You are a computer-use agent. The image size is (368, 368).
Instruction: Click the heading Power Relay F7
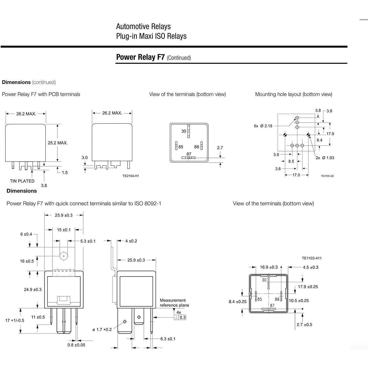tap(140, 57)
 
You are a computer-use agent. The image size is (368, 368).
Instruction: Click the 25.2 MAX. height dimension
tap(58, 143)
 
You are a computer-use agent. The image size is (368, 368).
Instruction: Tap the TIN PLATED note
tap(22, 181)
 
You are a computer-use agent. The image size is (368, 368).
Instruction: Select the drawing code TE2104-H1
tap(131, 176)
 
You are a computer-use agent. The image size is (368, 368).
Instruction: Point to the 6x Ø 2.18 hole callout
tap(263, 126)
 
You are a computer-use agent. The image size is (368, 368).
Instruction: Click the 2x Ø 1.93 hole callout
tap(325, 158)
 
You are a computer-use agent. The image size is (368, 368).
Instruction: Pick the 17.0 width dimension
tap(296, 175)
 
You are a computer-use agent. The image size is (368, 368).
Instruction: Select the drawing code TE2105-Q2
tap(327, 176)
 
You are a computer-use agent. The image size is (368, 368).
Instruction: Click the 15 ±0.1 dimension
tap(64, 230)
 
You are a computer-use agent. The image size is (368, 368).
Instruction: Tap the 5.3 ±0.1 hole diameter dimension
tap(88, 241)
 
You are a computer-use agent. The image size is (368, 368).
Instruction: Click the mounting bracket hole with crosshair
tap(64, 256)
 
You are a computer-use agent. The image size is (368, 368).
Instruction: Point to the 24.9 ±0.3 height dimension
tap(33, 290)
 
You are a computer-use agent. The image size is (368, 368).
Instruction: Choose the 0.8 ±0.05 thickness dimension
tap(76, 345)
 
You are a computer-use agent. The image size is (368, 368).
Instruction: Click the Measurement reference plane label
tap(174, 303)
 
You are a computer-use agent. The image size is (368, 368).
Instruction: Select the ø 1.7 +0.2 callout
tap(102, 329)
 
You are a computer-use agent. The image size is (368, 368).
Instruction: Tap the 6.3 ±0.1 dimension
tap(168, 339)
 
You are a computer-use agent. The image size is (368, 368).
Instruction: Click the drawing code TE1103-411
tap(312, 258)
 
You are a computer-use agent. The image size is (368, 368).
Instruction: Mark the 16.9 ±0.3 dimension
tap(269, 267)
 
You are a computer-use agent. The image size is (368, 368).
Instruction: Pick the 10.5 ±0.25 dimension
tap(299, 300)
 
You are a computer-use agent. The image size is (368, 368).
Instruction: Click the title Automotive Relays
tap(143, 26)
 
